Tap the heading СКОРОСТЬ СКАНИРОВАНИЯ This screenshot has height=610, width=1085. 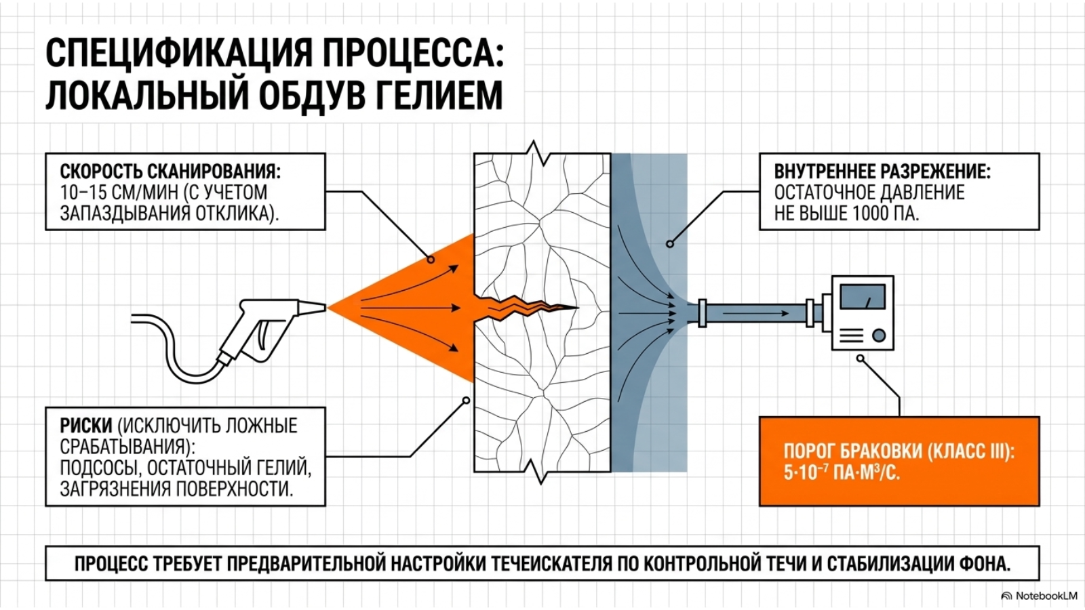[x=170, y=171]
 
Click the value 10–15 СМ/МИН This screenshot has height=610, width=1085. [x=119, y=192]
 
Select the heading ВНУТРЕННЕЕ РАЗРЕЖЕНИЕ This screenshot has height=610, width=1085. [x=882, y=171]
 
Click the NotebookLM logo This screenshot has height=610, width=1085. [x=1040, y=596]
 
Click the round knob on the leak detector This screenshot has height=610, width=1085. [x=879, y=335]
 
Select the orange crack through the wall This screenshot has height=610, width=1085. [x=526, y=308]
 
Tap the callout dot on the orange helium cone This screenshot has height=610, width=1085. [x=431, y=260]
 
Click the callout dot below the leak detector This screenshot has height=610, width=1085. [x=860, y=359]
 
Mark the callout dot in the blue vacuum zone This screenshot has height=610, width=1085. [x=670, y=244]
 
